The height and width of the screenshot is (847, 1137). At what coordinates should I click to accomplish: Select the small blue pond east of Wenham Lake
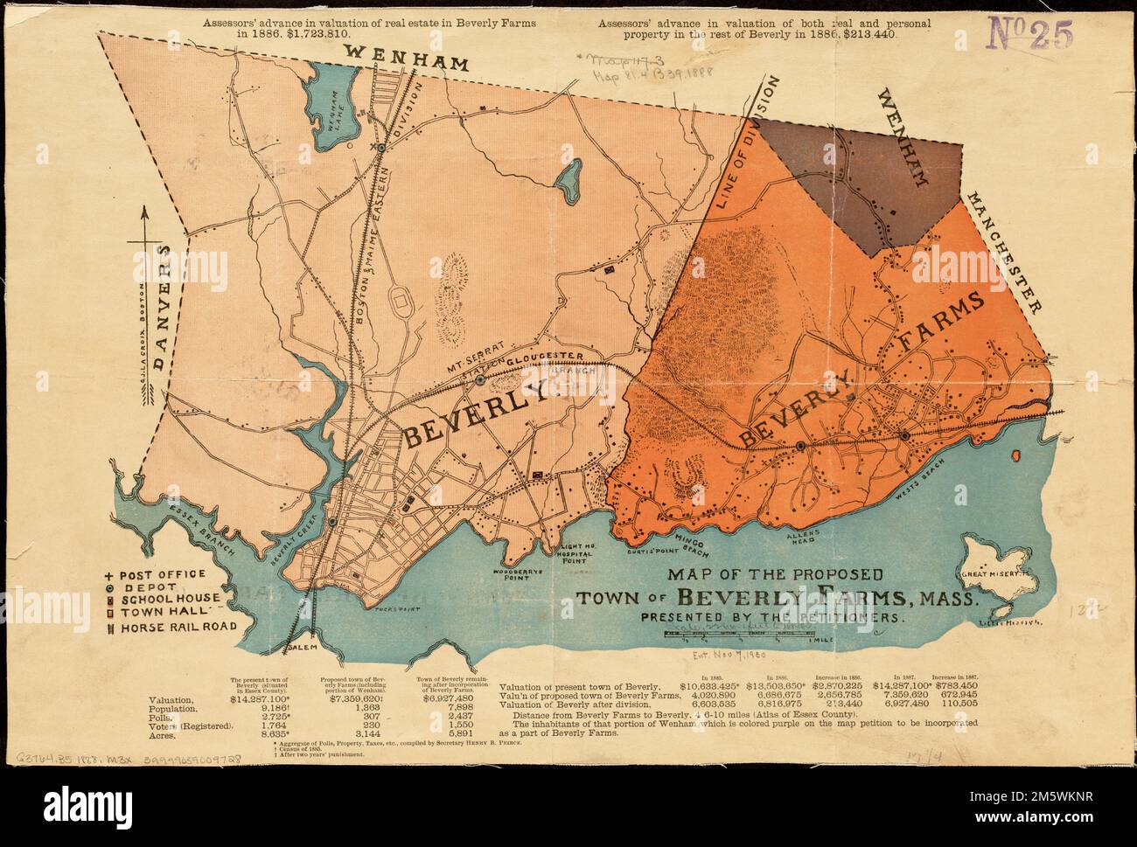pyautogui.click(x=568, y=179)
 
